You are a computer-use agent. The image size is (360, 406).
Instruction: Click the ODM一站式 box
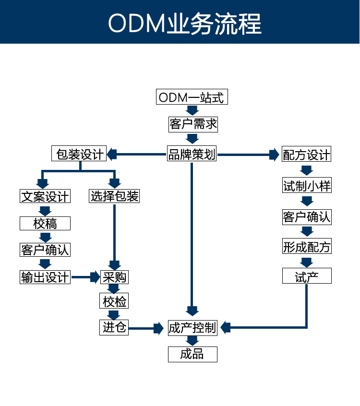click(192, 97)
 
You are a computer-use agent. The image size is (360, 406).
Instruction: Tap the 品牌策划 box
click(192, 155)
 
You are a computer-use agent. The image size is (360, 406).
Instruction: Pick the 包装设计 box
click(79, 155)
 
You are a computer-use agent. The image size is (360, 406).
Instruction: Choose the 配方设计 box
click(306, 155)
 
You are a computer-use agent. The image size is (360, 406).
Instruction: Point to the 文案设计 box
click(45, 196)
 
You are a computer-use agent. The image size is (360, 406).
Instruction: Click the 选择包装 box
click(114, 196)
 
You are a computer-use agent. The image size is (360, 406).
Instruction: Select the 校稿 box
click(45, 223)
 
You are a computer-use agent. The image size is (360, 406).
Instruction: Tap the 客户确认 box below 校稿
click(45, 250)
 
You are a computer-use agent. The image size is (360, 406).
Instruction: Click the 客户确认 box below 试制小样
click(306, 217)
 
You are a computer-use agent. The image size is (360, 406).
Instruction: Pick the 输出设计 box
click(45, 277)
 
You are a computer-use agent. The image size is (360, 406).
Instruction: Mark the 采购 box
click(114, 277)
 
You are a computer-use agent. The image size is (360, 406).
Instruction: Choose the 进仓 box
click(114, 328)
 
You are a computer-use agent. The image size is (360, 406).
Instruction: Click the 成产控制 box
click(192, 328)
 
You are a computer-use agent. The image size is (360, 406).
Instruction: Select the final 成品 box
click(192, 355)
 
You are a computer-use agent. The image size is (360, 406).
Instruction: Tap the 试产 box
click(307, 277)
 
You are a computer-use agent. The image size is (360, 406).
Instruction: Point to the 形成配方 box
click(306, 247)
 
